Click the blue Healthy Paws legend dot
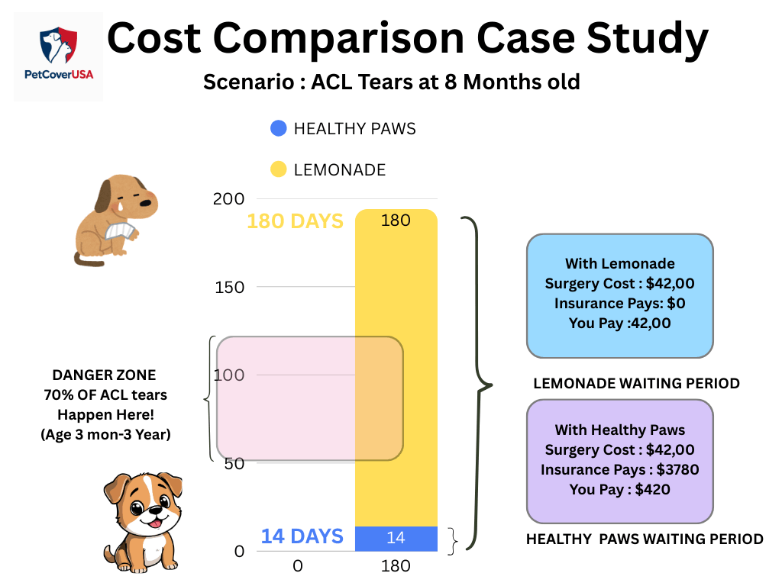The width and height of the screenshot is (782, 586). [279, 128]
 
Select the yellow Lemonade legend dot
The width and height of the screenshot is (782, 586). [279, 169]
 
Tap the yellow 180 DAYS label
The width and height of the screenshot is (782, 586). [295, 221]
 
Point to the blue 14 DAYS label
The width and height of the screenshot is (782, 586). [302, 536]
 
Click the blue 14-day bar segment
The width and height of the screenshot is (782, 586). [396, 539]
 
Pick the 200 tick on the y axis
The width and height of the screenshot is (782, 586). [228, 199]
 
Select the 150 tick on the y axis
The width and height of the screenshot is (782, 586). [228, 287]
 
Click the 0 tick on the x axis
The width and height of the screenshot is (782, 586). [298, 566]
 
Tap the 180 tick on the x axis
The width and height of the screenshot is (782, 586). [396, 566]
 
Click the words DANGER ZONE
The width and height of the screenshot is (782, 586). [104, 375]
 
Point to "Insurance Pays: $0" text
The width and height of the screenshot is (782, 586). [619, 303]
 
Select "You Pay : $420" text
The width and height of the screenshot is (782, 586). [619, 489]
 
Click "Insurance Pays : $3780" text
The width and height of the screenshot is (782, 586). [619, 469]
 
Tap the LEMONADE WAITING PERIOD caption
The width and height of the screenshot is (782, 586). [636, 383]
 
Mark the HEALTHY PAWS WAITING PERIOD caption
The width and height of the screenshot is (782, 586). [645, 539]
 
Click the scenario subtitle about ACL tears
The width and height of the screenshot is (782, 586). [391, 82]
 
